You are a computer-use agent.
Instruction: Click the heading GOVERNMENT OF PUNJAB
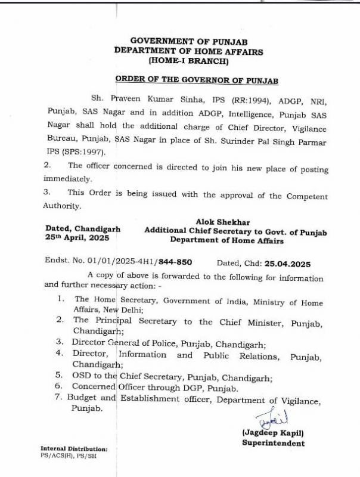tap(187, 41)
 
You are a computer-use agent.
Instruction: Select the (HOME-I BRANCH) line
tap(187, 61)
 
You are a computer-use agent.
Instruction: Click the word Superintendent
tap(273, 443)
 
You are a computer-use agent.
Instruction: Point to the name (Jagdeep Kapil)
tap(272, 432)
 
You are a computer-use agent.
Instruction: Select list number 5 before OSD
tap(59, 376)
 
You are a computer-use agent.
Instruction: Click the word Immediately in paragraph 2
tap(68, 178)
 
